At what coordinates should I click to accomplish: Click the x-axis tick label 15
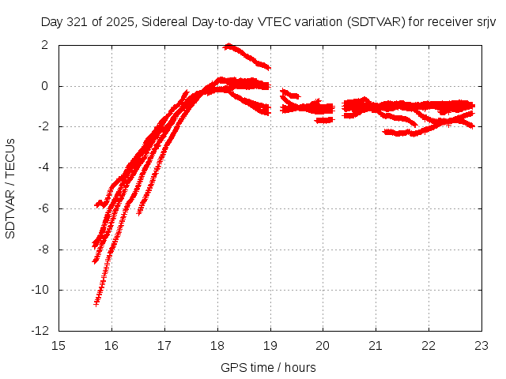click(59, 345)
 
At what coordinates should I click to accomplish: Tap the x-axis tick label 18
click(217, 345)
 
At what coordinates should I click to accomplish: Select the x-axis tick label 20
click(323, 345)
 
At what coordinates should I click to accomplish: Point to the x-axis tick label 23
click(481, 345)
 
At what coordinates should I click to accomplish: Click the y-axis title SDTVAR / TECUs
click(10, 188)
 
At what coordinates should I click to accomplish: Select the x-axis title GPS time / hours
click(269, 367)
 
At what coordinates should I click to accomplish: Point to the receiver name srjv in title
click(485, 22)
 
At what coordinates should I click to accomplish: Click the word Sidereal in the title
click(164, 22)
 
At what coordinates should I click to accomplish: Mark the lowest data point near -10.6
click(96, 302)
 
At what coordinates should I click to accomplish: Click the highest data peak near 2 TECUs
click(228, 46)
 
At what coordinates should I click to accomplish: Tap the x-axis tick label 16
click(111, 345)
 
